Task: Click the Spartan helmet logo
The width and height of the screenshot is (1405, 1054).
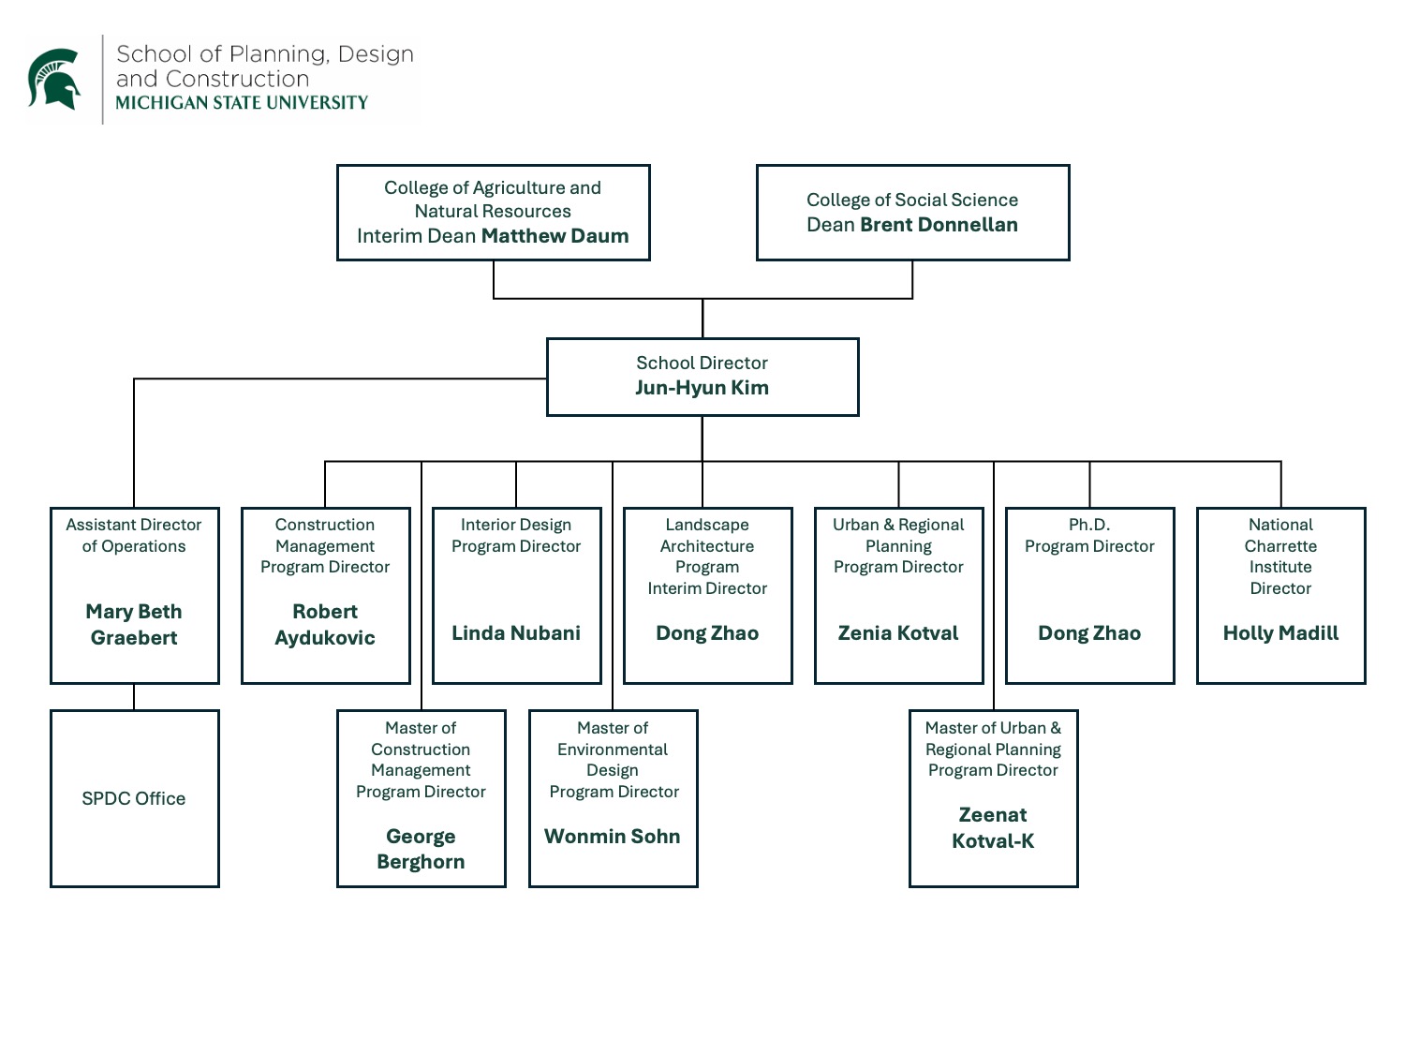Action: pos(54,79)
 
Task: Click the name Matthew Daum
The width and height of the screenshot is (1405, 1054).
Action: pos(555,236)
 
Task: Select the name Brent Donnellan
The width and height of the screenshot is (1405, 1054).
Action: pos(939,225)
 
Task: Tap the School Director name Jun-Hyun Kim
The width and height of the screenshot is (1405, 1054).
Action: pos(702,388)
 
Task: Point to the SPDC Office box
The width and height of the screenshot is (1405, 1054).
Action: pos(134,798)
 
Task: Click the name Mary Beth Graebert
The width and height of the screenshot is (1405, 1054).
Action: pos(134,625)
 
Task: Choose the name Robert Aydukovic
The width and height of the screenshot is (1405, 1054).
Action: pos(325,625)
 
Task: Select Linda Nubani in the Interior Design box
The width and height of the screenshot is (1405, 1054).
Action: pos(516,633)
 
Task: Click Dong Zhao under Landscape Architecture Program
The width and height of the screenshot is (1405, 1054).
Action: pos(707,633)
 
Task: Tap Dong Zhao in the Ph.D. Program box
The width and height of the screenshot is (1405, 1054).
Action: pos(1089,633)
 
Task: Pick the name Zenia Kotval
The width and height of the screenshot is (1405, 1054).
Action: pos(898,633)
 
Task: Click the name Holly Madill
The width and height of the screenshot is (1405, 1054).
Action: pos(1280,633)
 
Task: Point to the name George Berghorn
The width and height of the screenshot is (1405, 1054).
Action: pos(421,849)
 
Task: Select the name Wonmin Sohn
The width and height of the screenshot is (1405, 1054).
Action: pos(613,837)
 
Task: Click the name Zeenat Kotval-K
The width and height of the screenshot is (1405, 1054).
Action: pos(993,828)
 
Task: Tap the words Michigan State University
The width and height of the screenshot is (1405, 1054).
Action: pos(242,103)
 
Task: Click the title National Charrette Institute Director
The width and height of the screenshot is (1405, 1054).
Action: pos(1280,557)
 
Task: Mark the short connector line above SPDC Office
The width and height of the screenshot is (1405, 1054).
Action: pos(134,697)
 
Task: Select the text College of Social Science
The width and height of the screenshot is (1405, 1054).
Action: pos(912,200)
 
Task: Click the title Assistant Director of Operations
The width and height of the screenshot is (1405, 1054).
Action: pos(134,535)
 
